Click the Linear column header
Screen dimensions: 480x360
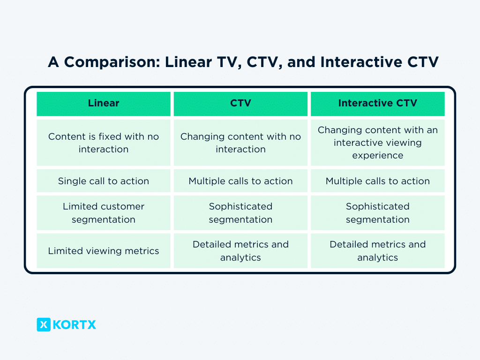click(x=104, y=104)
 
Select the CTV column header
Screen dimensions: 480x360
click(x=240, y=104)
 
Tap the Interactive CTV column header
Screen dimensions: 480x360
click(x=378, y=104)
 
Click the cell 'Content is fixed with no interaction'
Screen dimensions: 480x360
click(x=104, y=142)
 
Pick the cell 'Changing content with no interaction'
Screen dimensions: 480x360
click(x=240, y=142)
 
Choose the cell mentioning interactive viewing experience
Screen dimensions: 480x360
click(x=378, y=142)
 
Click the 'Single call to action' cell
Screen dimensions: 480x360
click(x=104, y=181)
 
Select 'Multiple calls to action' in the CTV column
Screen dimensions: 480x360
click(x=240, y=181)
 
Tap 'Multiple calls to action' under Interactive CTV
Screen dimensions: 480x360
click(x=378, y=181)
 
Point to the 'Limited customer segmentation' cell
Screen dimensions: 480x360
click(x=104, y=213)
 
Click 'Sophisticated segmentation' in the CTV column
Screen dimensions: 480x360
click(x=240, y=213)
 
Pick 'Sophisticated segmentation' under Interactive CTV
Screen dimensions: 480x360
click(x=378, y=213)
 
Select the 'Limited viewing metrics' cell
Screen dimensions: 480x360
click(x=104, y=251)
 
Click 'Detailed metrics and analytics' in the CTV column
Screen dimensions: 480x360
click(x=240, y=251)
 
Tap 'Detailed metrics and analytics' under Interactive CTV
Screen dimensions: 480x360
click(x=378, y=251)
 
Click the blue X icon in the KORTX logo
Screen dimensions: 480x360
click(x=44, y=324)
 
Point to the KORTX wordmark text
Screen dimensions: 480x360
click(x=75, y=324)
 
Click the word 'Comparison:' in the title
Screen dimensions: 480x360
click(x=112, y=62)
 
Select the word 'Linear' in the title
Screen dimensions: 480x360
click(x=188, y=62)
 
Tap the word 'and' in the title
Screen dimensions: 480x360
click(x=301, y=62)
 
